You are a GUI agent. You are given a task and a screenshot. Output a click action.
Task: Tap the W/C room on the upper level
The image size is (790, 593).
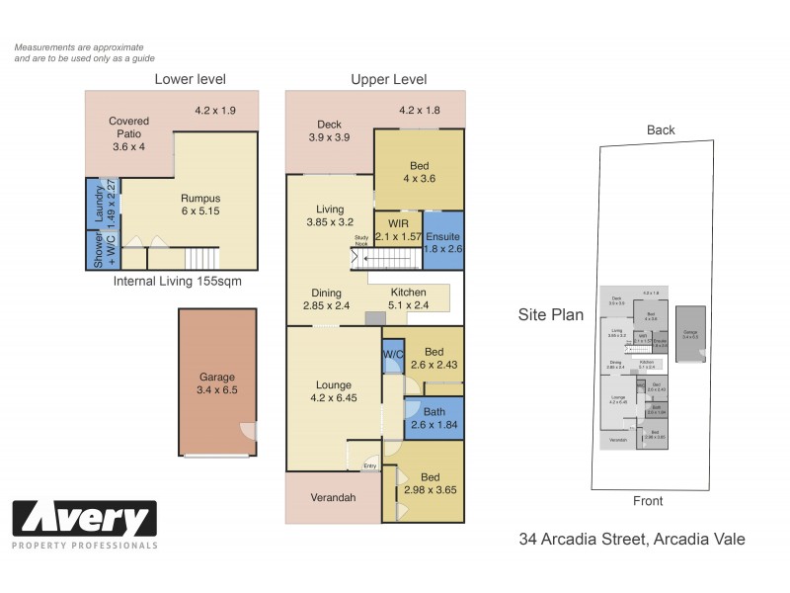click(392, 354)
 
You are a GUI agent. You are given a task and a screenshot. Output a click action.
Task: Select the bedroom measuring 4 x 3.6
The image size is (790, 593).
click(419, 170)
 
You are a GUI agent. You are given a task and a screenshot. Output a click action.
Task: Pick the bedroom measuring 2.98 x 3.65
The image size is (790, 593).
click(433, 481)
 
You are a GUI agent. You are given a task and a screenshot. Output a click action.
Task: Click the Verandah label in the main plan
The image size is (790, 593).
click(332, 497)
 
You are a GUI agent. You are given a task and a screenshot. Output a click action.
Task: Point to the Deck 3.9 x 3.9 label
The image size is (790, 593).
click(329, 131)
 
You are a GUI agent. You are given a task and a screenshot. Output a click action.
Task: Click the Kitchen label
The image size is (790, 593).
click(408, 293)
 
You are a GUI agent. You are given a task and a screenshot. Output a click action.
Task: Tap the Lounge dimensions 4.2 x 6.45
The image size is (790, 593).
click(333, 401)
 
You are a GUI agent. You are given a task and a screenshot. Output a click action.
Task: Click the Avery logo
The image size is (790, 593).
click(85, 521)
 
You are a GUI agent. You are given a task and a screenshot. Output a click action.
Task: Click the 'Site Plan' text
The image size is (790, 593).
click(551, 316)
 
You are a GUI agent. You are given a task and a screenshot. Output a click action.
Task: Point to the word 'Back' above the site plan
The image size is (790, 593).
click(661, 129)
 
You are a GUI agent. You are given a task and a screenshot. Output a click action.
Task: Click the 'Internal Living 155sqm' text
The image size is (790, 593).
click(178, 281)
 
